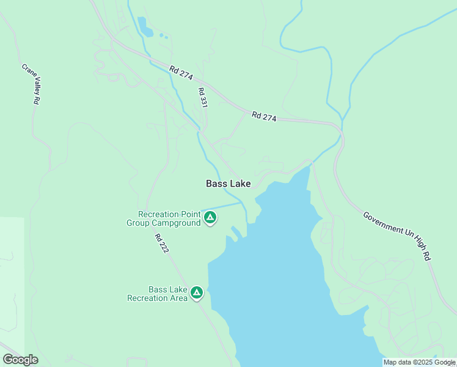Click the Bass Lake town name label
point(228,183)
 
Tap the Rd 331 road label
point(203,98)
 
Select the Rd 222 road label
point(161,243)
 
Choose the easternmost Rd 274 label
point(264,116)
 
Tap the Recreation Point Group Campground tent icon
point(210,217)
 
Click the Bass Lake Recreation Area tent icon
point(197,293)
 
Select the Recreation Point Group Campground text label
point(164,218)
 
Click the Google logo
point(20,360)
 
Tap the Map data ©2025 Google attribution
point(419,363)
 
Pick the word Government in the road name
point(381,224)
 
